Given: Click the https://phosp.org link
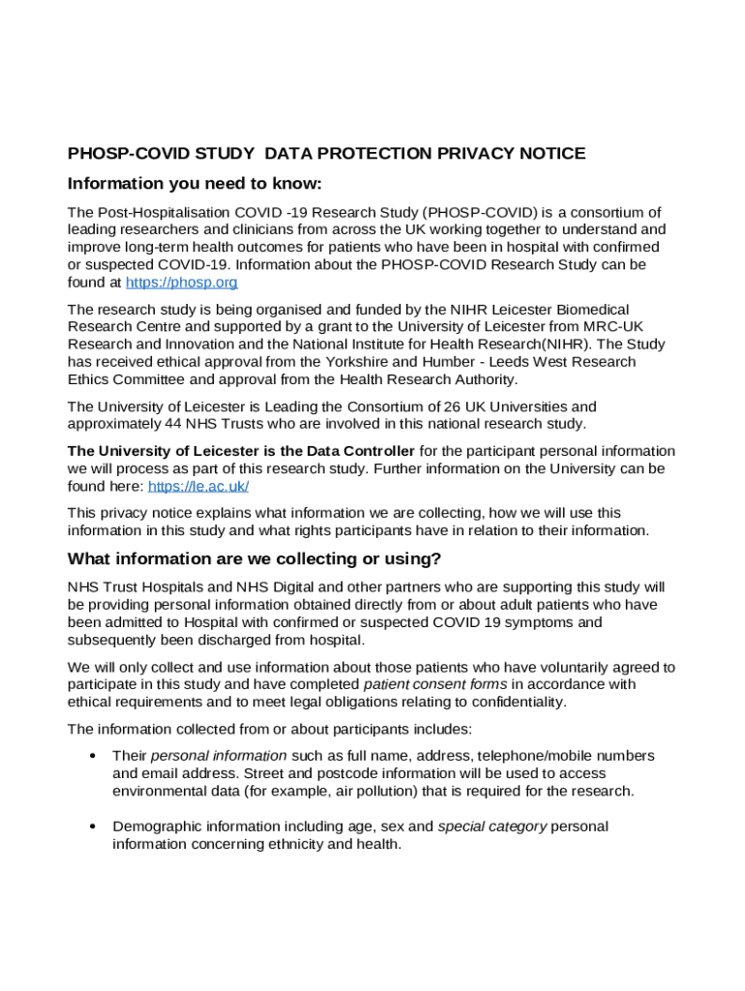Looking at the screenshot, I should (x=181, y=283).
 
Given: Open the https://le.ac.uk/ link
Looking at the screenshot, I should (x=198, y=487).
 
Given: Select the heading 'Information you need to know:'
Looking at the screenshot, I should (x=194, y=184).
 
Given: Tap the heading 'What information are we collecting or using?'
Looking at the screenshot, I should (x=254, y=558).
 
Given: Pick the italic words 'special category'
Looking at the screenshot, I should (x=492, y=826).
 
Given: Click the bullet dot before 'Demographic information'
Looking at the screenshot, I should (x=92, y=826).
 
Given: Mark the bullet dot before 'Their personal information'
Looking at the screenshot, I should (x=92, y=756).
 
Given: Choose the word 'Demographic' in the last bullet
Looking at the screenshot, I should (x=157, y=826).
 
